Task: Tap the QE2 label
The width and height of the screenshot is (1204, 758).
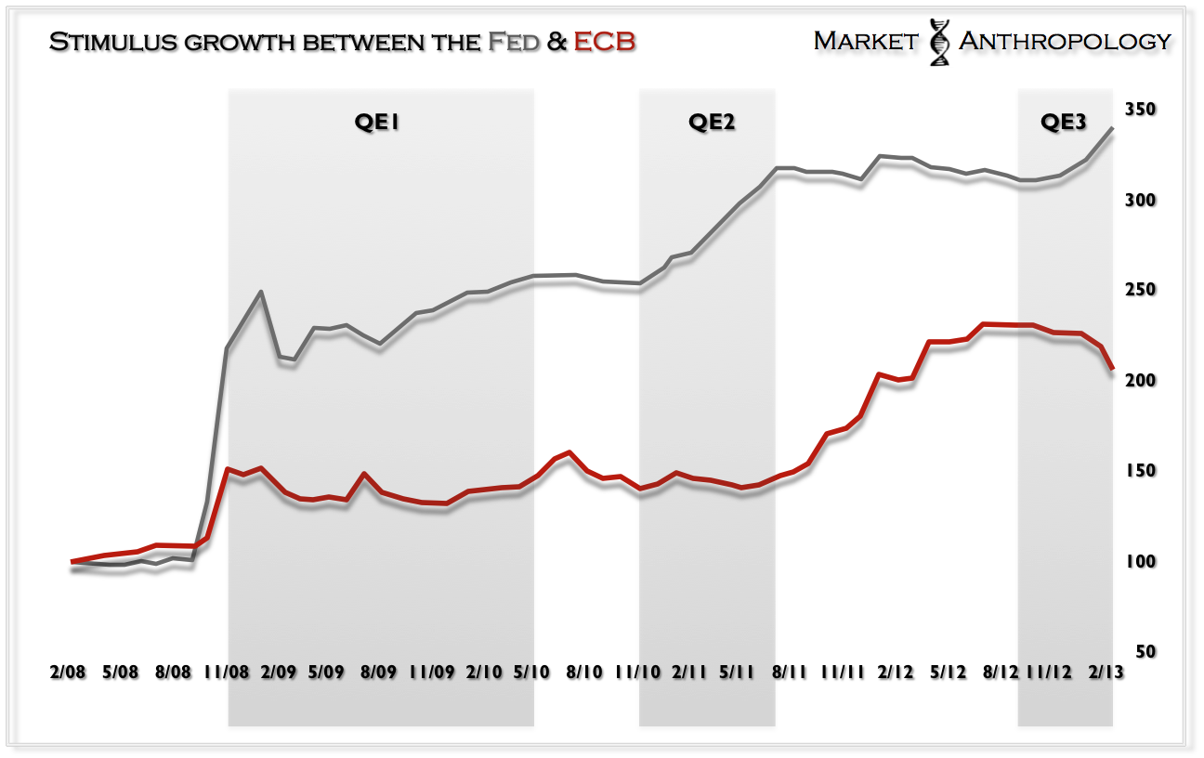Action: (712, 123)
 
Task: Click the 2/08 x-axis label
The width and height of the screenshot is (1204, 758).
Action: (68, 672)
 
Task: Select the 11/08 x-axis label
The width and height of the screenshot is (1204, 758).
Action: (226, 672)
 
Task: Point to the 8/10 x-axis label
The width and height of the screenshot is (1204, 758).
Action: (585, 672)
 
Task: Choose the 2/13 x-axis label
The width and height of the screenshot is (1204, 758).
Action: (1102, 672)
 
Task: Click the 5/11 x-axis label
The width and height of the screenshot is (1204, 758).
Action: (737, 672)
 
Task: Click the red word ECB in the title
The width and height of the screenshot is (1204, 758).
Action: (604, 42)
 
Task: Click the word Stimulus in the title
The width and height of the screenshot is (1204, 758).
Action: (105, 42)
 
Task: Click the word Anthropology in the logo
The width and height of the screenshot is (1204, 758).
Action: (1064, 41)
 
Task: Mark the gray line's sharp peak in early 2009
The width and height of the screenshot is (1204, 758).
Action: (261, 292)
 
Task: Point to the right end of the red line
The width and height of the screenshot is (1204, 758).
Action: (1113, 370)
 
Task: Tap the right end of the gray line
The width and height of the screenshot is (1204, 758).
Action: (1113, 129)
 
